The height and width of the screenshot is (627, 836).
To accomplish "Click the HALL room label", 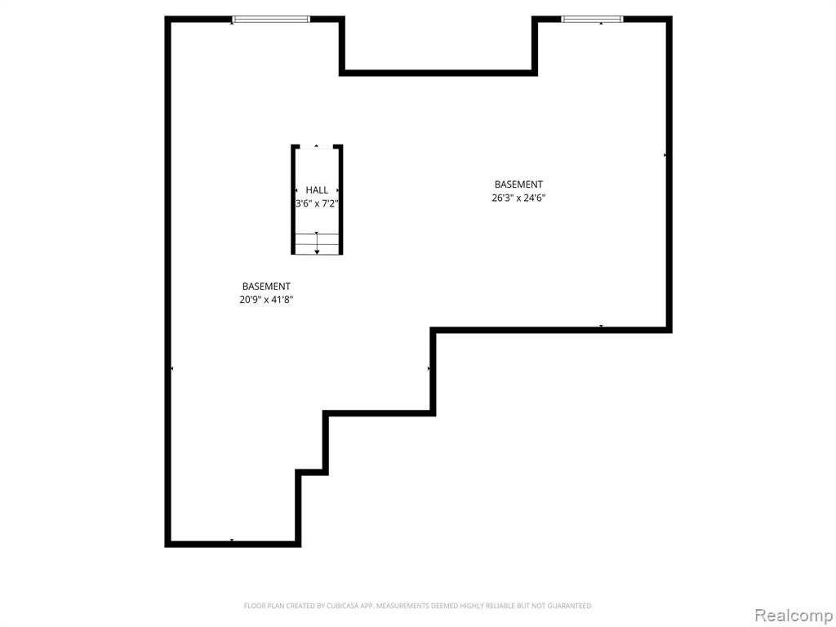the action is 317,189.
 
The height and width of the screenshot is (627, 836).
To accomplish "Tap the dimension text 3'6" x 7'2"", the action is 317,203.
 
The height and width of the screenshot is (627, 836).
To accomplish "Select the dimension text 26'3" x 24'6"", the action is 518,198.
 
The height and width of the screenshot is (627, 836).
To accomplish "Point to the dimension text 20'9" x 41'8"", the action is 266,300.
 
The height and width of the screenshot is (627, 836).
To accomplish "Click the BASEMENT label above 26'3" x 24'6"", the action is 518,185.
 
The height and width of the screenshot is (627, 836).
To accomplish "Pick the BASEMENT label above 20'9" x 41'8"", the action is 266,287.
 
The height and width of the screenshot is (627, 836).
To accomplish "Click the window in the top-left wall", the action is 271,20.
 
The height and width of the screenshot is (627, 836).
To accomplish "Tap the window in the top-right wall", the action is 592,20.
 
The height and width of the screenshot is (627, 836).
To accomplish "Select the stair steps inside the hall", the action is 317,243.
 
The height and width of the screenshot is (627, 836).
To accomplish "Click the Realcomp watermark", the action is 794,615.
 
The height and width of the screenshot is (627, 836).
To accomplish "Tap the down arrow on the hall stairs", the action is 317,243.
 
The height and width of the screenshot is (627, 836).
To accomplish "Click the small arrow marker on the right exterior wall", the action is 665,155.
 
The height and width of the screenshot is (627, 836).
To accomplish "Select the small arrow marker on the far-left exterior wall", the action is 171,368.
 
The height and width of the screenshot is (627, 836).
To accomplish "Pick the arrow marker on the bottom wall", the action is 231,540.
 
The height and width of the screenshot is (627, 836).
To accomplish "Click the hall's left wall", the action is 293,199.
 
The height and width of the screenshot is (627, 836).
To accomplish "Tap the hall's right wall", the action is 340,199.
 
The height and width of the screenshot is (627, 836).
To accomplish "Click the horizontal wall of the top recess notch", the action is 438,73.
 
